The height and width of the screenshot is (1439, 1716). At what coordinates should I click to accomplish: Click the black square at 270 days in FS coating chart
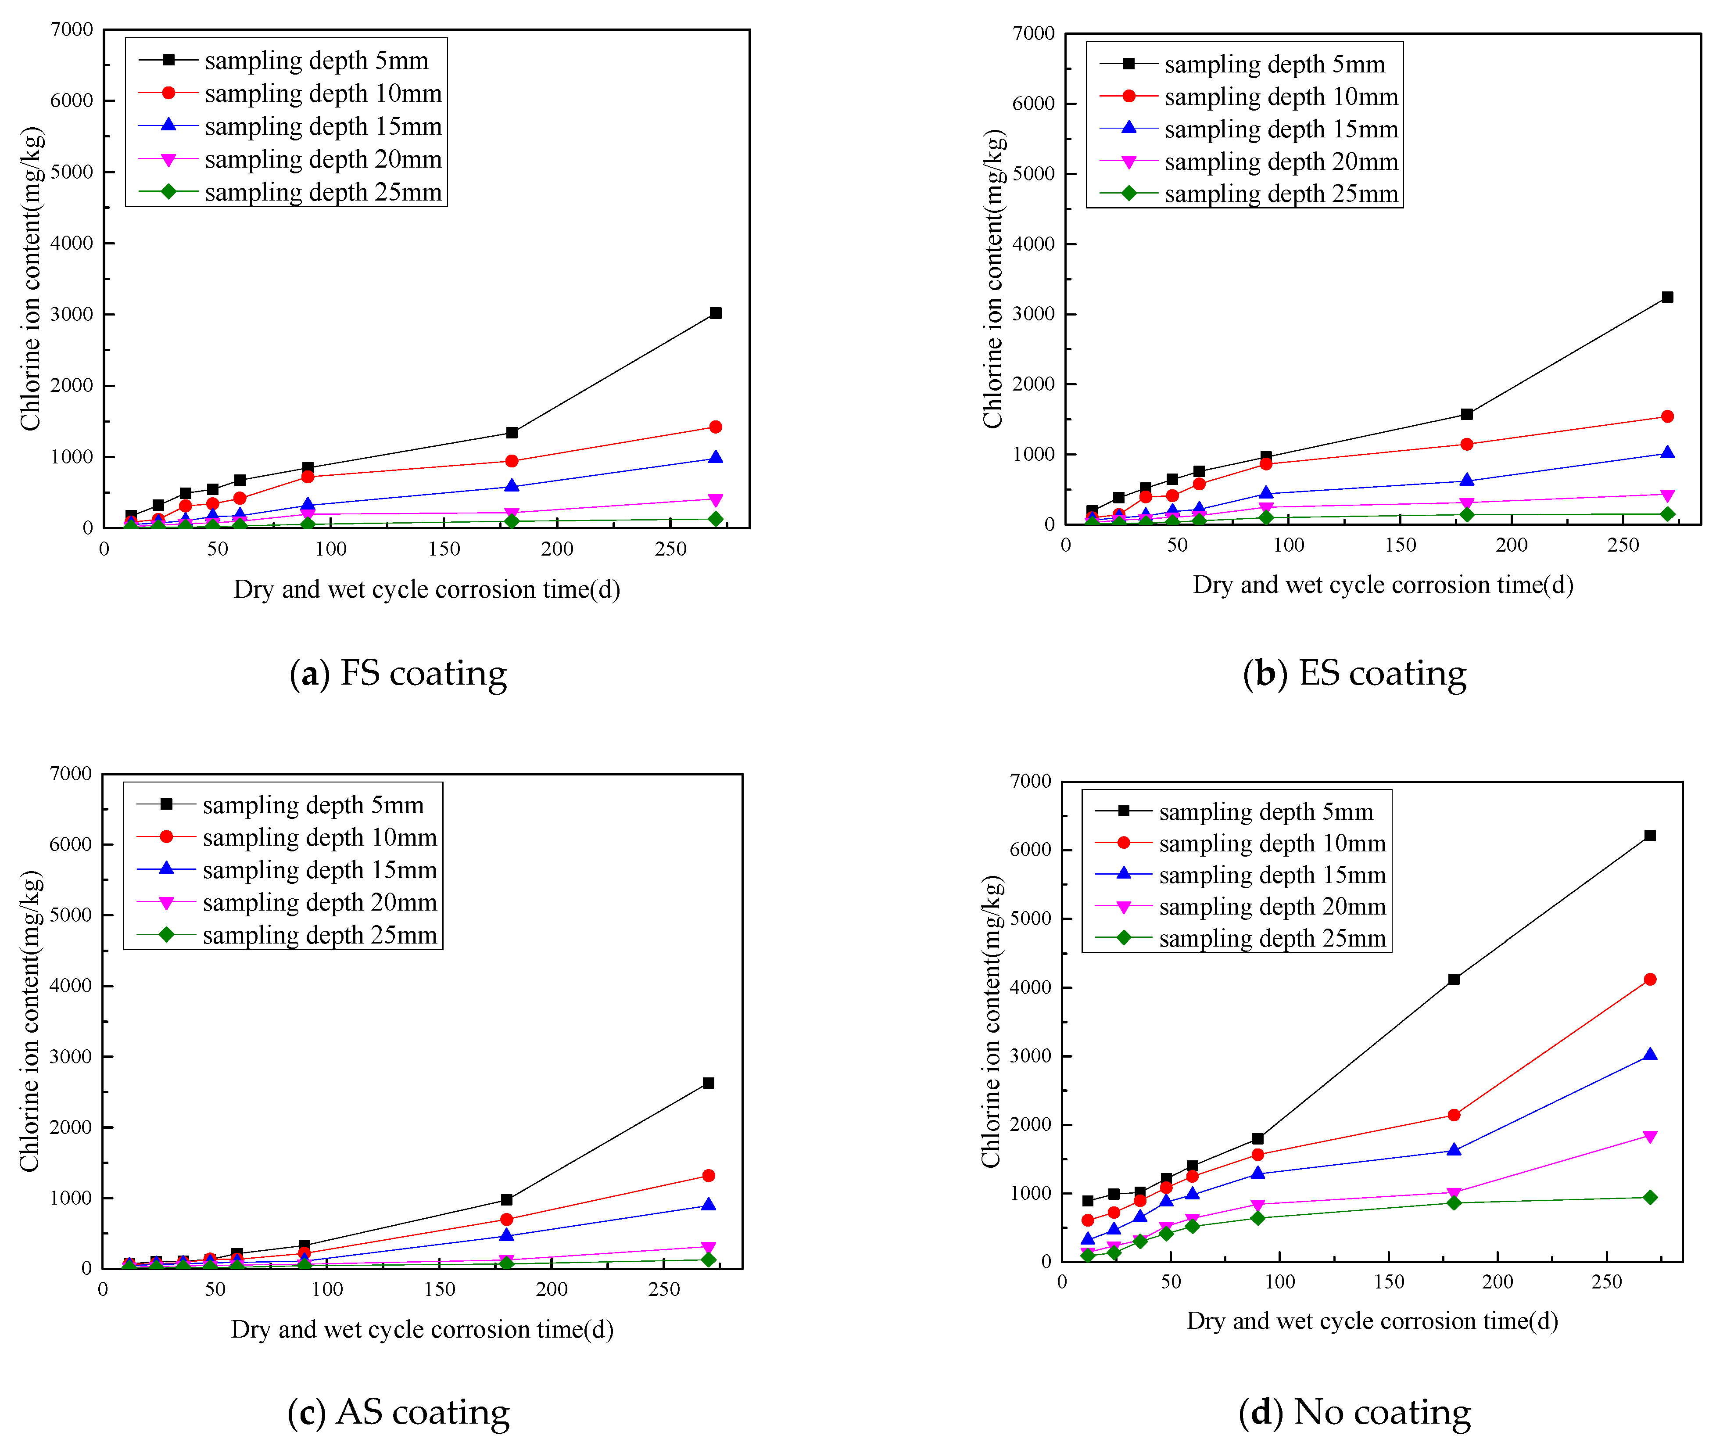pyautogui.click(x=716, y=313)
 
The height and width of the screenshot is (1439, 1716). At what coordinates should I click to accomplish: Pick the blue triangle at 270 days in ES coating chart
pyautogui.click(x=1667, y=453)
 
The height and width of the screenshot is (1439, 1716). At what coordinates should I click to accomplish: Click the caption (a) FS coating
pyautogui.click(x=399, y=673)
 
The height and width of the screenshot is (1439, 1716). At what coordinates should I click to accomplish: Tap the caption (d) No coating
pyautogui.click(x=1354, y=1411)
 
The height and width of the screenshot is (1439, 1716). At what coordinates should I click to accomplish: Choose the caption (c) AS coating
pyautogui.click(x=399, y=1411)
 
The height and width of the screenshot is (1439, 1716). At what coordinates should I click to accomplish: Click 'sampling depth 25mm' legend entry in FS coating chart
pyautogui.click(x=323, y=193)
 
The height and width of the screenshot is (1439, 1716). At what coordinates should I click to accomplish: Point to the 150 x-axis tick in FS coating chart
pyautogui.click(x=444, y=549)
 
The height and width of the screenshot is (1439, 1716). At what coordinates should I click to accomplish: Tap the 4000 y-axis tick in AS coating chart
pyautogui.click(x=70, y=986)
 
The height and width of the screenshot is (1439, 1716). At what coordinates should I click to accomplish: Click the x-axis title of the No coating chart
pyautogui.click(x=1372, y=1321)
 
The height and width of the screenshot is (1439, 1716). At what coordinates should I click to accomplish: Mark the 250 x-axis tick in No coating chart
pyautogui.click(x=1606, y=1282)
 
